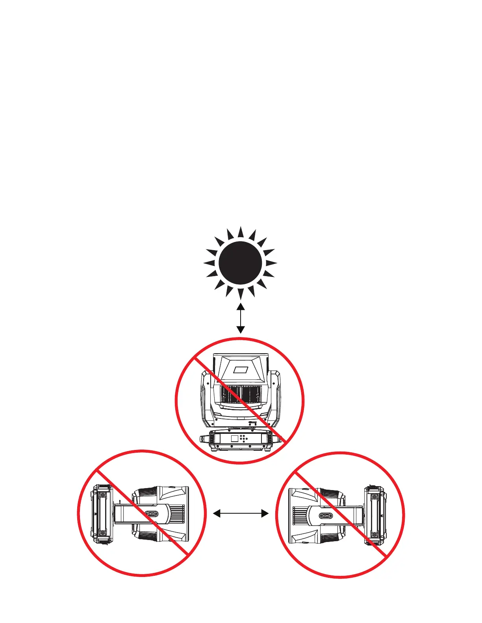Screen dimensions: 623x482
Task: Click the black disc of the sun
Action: [240, 263]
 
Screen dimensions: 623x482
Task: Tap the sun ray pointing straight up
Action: [240, 232]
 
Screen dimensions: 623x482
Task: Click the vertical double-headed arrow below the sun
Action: [240, 318]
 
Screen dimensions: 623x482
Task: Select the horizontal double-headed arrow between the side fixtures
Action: [241, 513]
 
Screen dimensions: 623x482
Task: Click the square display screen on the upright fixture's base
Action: [234, 438]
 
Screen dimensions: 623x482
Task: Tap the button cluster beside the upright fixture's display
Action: [244, 439]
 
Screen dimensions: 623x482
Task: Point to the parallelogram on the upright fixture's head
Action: [240, 370]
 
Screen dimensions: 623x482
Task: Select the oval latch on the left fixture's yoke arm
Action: [152, 514]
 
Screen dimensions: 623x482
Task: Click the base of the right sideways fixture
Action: [374, 516]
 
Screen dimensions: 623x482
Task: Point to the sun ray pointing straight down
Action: [240, 293]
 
